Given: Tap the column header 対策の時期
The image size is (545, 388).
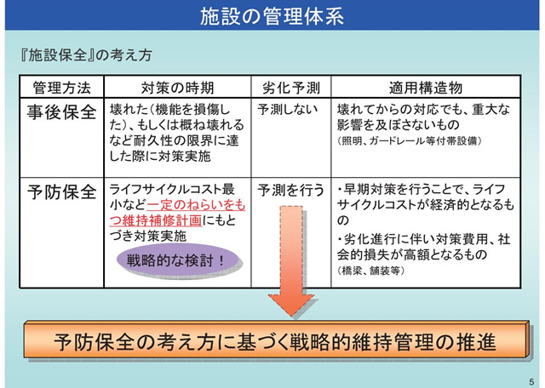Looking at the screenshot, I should [177, 88].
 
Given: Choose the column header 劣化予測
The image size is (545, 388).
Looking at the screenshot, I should [290, 88].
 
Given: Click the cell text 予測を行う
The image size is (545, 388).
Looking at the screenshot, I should [290, 188].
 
